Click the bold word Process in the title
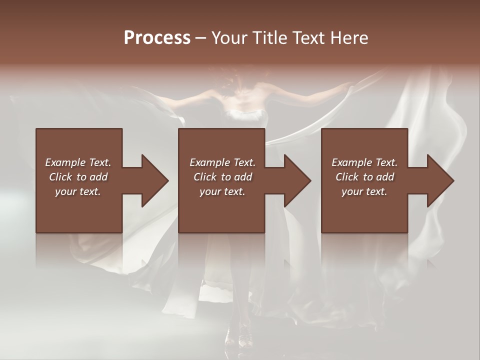point(157,38)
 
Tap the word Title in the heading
point(270,38)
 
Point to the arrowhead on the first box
point(152,180)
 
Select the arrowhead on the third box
point(438,180)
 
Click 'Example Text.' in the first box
point(78,162)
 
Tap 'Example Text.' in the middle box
point(222,162)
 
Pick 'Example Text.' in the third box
point(364,162)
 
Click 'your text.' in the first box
point(78,191)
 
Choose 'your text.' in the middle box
point(222,191)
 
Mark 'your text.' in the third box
point(364,191)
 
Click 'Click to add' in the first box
point(78,177)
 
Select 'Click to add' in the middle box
point(222,177)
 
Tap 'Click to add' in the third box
point(364,177)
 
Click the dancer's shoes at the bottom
point(239,340)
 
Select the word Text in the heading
point(308,38)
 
